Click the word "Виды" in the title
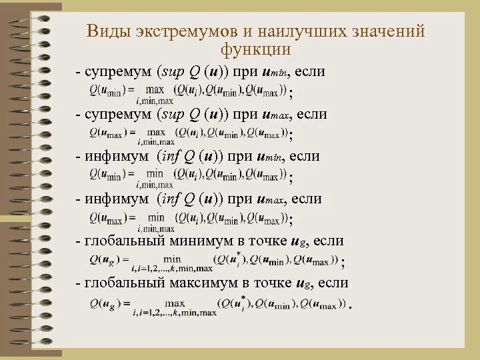click(109, 32)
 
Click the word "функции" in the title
click(257, 49)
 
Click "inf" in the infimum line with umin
click(168, 157)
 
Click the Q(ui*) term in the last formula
click(236, 303)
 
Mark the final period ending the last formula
click(350, 307)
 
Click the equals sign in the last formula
click(126, 303)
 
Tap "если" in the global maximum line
click(333, 283)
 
